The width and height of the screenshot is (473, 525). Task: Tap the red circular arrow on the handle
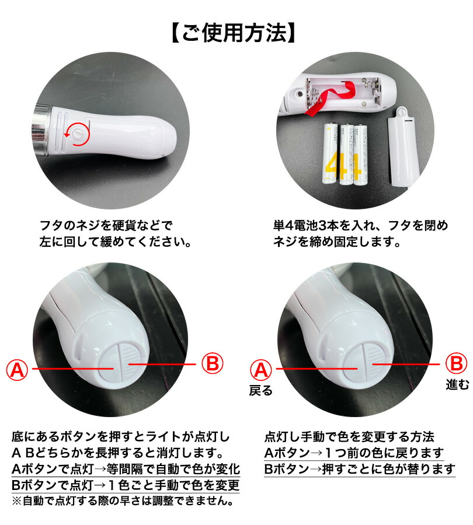point(76,134)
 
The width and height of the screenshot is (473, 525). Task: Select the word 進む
point(455,385)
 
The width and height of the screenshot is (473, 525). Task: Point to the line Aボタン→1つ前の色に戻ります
point(354,453)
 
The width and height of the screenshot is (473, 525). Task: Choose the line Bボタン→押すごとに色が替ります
point(359,469)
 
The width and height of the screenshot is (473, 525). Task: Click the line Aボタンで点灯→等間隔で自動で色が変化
point(126,470)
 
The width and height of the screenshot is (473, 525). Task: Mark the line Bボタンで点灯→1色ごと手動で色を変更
point(126,485)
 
